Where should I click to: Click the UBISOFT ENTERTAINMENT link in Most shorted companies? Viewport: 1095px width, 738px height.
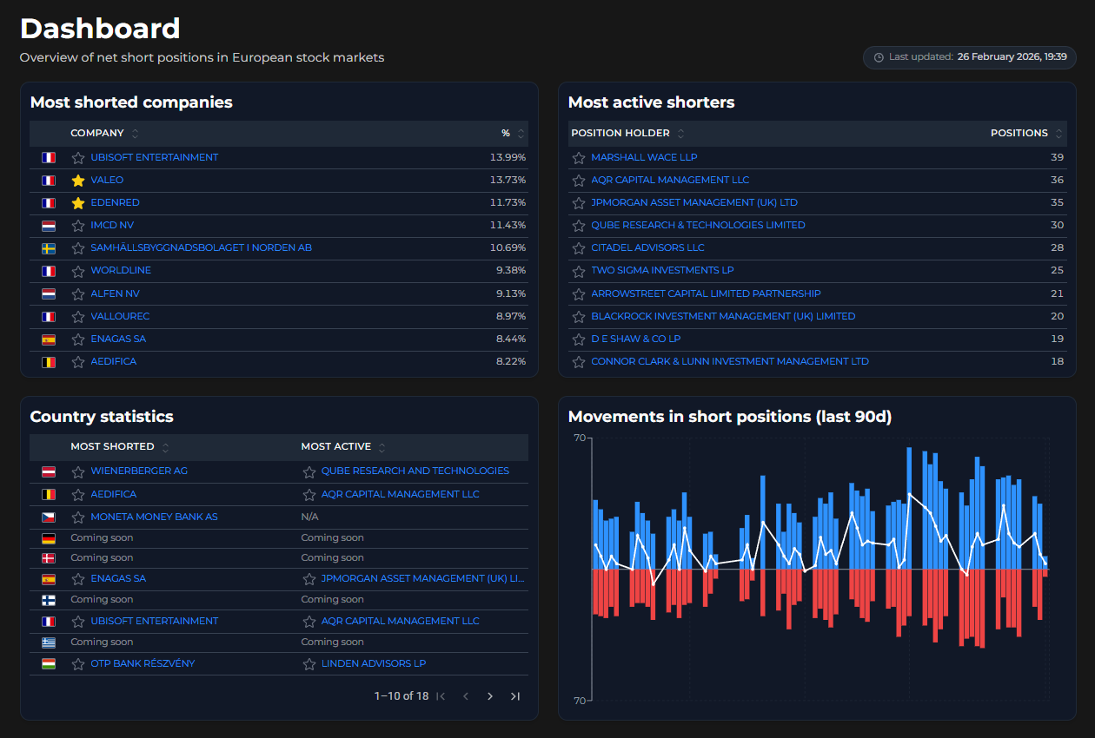click(x=154, y=157)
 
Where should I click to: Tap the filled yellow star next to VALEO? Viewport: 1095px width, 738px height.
click(x=78, y=181)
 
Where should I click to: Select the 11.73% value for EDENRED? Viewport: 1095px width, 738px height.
click(x=508, y=202)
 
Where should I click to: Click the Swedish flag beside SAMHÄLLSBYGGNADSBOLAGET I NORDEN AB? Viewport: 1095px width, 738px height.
click(x=49, y=248)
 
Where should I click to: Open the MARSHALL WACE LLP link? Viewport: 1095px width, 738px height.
click(x=644, y=157)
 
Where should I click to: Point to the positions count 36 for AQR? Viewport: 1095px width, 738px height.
click(x=1057, y=180)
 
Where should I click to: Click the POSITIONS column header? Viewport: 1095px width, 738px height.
click(x=1019, y=133)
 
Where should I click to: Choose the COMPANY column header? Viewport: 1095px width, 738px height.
click(x=96, y=133)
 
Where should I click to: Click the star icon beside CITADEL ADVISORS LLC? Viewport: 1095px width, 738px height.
click(x=579, y=248)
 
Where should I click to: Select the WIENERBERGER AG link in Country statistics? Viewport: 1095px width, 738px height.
click(x=139, y=471)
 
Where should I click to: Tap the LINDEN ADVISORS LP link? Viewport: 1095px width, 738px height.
click(x=373, y=663)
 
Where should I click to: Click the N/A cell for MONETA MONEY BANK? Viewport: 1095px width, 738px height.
click(x=309, y=517)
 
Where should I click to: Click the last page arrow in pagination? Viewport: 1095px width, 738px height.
click(x=515, y=696)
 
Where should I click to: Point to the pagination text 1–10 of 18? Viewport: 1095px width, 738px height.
click(x=401, y=696)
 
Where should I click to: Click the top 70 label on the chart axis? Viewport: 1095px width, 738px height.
click(x=579, y=438)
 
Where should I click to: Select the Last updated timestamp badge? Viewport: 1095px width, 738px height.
click(x=969, y=57)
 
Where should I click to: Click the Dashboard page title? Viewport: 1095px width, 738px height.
click(x=100, y=29)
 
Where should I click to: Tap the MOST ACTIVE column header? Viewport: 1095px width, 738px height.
click(x=335, y=446)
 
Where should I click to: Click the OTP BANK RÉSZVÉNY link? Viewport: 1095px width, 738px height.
click(x=143, y=663)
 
